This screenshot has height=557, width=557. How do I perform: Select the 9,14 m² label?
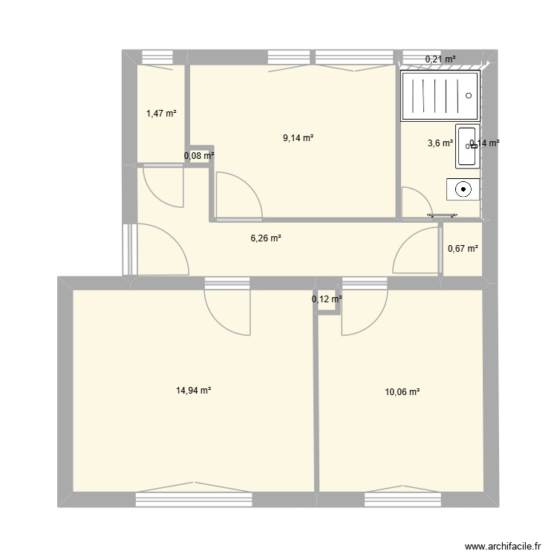[x=298, y=137]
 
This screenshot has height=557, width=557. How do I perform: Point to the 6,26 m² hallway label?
[x=265, y=238]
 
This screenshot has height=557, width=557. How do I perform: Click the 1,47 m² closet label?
[x=161, y=114]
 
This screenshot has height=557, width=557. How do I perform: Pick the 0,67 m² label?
[x=462, y=249]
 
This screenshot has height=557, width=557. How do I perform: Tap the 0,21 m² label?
[x=440, y=59]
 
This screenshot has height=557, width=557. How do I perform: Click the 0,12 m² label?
[x=327, y=299]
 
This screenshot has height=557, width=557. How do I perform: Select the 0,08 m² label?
[x=199, y=156]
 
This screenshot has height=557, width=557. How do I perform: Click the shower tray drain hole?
[x=469, y=95]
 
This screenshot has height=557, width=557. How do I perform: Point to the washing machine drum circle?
[x=463, y=189]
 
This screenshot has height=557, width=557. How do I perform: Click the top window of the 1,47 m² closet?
[x=157, y=56]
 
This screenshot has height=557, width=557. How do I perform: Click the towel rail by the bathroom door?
[x=441, y=216]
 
